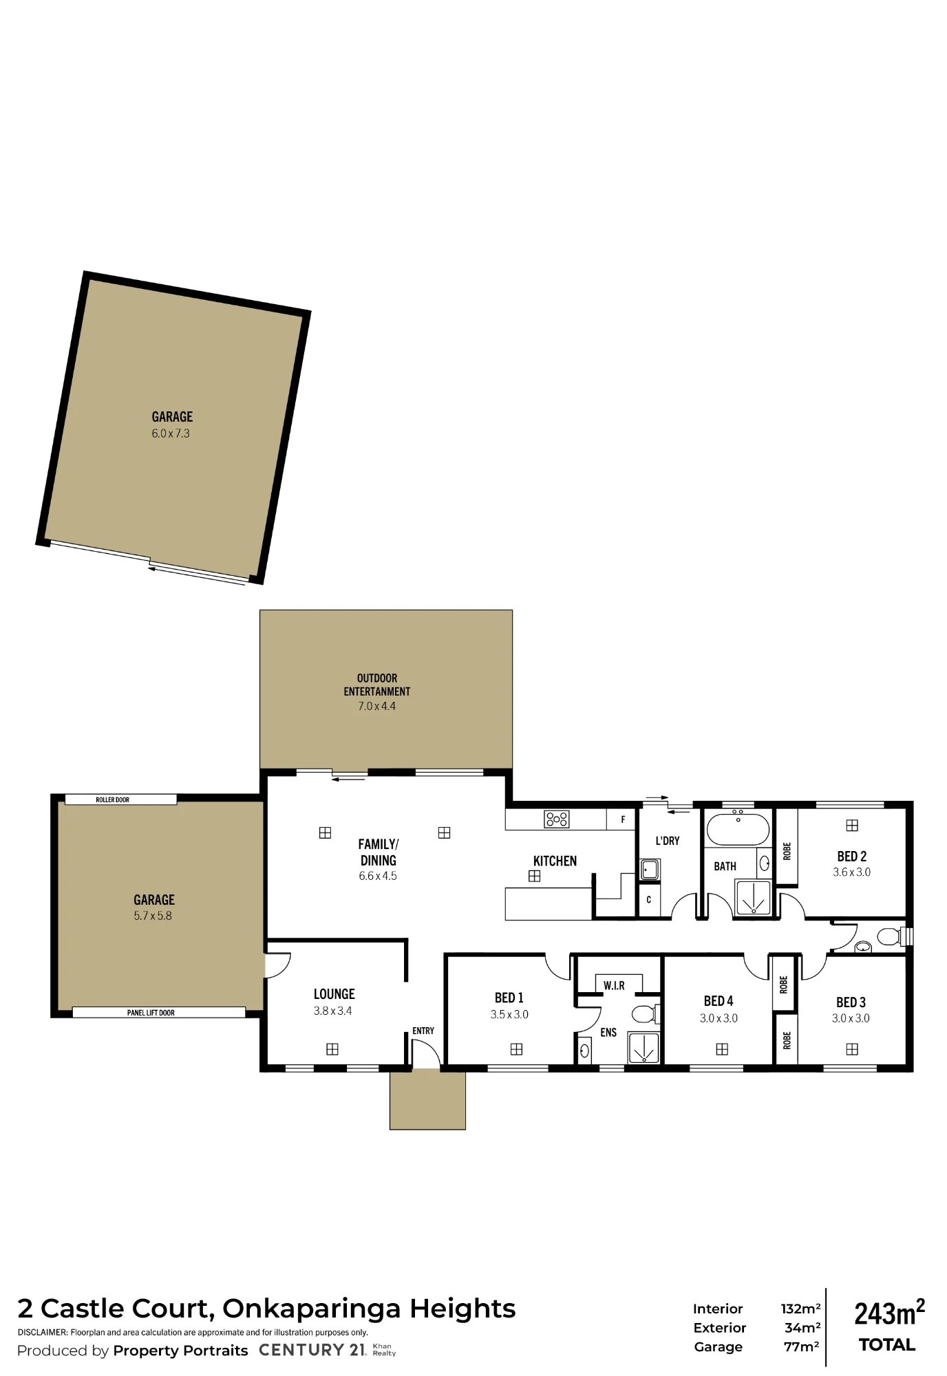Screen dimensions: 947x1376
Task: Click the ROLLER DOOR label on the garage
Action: coord(112,799)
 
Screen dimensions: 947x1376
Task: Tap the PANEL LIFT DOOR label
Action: coord(151,1013)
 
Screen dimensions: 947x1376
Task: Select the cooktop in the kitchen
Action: coord(557,819)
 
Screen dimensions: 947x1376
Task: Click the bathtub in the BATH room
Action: coord(738,829)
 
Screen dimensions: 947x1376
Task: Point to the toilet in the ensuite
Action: coord(646,1013)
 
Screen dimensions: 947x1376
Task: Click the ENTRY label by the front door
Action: coord(423,1031)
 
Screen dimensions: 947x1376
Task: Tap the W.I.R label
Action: coord(614,986)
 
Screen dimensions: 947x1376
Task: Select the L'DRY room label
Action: coord(668,841)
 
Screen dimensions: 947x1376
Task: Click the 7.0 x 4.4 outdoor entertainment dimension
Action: coord(377,706)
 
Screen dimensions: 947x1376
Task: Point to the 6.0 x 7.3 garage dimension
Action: coord(171,433)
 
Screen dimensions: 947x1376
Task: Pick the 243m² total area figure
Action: coord(889,1313)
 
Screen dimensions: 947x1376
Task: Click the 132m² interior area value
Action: coord(800,1309)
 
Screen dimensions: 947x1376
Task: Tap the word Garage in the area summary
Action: coord(718,1347)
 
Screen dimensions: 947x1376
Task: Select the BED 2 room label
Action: coord(852,857)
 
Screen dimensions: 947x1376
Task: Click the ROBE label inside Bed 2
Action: coord(787,851)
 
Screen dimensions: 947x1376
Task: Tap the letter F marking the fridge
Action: coord(623,819)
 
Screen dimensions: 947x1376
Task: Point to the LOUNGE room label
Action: coord(334,994)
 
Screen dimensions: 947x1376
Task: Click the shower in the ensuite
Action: coord(643,1048)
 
